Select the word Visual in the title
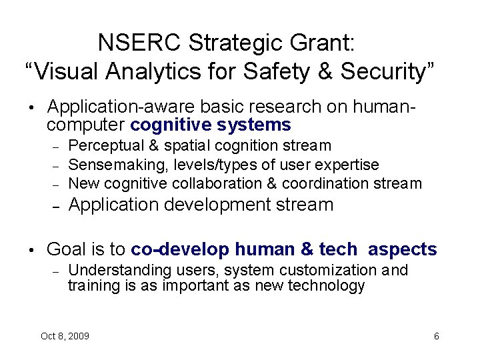(63, 71)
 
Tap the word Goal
(67, 249)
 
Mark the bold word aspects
(402, 249)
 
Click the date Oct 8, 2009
(65, 336)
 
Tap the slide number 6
(436, 336)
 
